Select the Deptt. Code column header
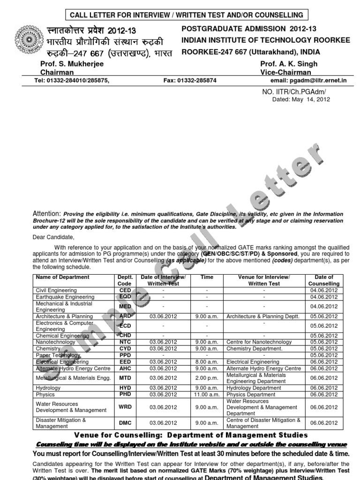[x=125, y=280]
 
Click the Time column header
[x=207, y=277]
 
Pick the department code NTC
[x=125, y=342]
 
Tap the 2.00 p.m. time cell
[x=207, y=378]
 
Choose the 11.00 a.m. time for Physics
[x=207, y=394]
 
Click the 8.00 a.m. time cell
[x=207, y=362]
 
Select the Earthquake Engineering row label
[x=65, y=297]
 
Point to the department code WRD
[x=125, y=407]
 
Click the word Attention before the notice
[x=47, y=213]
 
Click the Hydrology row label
[x=48, y=388]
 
